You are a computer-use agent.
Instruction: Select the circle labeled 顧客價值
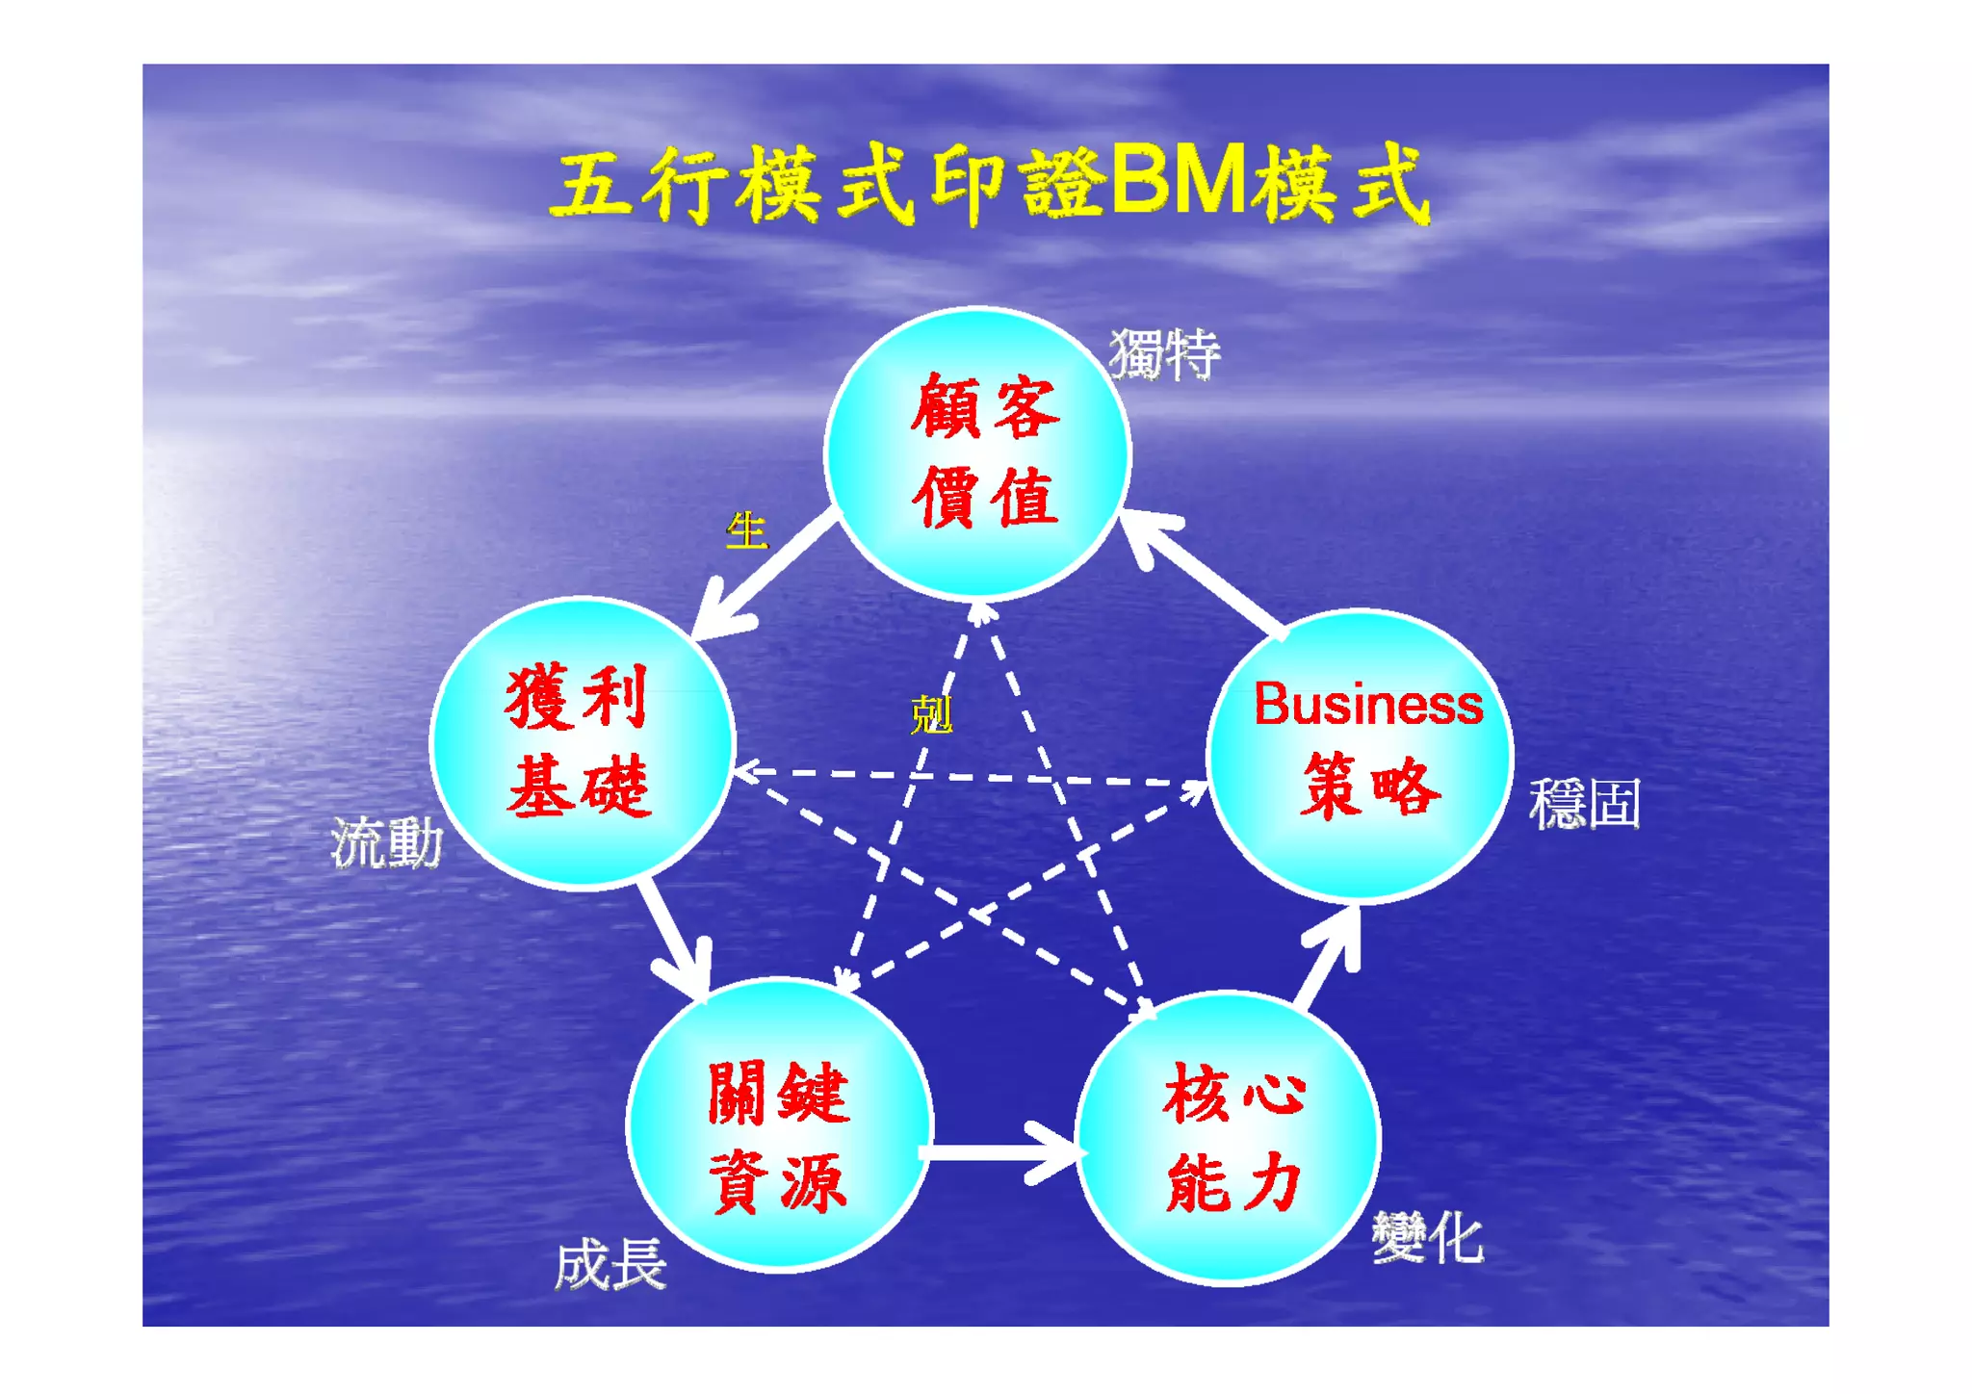click(x=977, y=453)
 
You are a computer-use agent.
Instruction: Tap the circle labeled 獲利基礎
click(x=582, y=742)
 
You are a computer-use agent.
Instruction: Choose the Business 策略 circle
click(x=1360, y=756)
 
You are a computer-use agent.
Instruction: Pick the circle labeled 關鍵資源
click(x=779, y=1124)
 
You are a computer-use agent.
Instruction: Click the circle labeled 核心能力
click(x=1229, y=1137)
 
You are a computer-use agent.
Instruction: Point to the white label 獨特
click(x=1164, y=353)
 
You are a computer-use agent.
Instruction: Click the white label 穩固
click(x=1584, y=803)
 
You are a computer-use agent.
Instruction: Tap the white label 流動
click(x=386, y=843)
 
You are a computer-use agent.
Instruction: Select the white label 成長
click(x=610, y=1264)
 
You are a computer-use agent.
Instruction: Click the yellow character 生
click(x=746, y=530)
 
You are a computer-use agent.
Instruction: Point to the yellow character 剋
click(x=931, y=714)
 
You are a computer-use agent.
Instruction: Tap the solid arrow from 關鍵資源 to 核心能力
click(x=1001, y=1150)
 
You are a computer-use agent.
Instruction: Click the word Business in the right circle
click(x=1367, y=705)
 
